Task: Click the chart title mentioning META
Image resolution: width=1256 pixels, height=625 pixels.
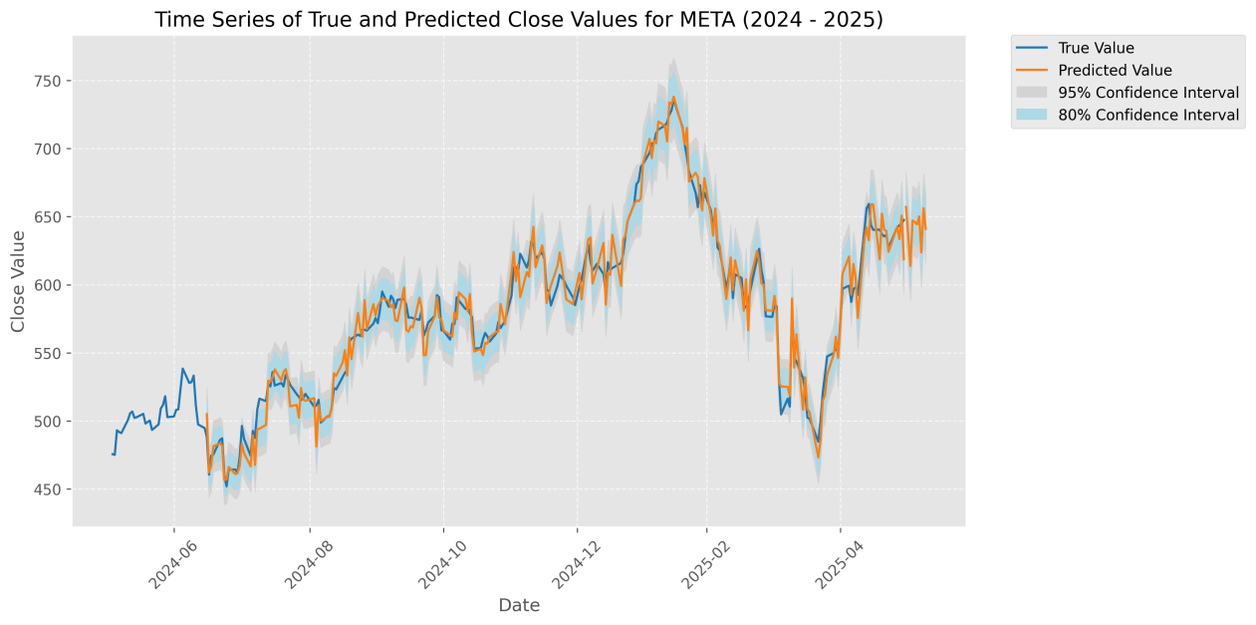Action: tap(518, 20)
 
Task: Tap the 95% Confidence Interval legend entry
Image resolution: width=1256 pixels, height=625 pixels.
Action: tap(1148, 93)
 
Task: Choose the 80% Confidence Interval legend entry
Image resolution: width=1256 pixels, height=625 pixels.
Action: tap(1148, 116)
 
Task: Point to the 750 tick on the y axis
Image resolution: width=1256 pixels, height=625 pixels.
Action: tap(51, 81)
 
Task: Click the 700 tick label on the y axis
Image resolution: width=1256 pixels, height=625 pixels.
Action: tap(51, 150)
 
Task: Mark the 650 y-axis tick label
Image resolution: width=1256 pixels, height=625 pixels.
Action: tap(51, 217)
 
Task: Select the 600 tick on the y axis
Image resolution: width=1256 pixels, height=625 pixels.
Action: tap(51, 285)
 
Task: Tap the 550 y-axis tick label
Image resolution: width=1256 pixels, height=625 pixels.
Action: tap(51, 354)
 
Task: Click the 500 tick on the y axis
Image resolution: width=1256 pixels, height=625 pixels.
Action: tap(51, 422)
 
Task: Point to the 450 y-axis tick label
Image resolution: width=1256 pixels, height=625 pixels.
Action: tap(51, 489)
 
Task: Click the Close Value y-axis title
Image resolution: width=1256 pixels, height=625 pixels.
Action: tap(18, 281)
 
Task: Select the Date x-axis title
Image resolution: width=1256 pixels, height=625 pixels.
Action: tap(519, 605)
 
